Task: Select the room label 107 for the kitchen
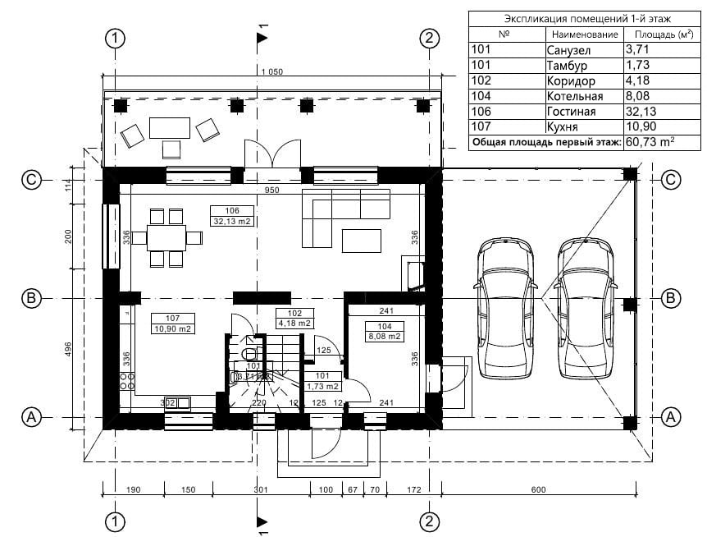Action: pyautogui.click(x=173, y=318)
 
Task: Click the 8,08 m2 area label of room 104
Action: pyautogui.click(x=384, y=337)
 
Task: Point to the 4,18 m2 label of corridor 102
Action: pyautogui.click(x=294, y=324)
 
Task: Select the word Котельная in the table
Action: pyautogui.click(x=574, y=96)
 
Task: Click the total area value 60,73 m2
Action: pyautogui.click(x=650, y=142)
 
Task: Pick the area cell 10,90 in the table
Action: pyautogui.click(x=641, y=127)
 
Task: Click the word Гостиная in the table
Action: pyautogui.click(x=571, y=112)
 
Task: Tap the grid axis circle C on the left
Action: pyautogui.click(x=31, y=180)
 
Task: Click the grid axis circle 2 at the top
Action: pyautogui.click(x=429, y=39)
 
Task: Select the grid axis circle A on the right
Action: pyautogui.click(x=671, y=417)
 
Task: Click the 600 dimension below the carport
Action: pyautogui.click(x=537, y=490)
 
